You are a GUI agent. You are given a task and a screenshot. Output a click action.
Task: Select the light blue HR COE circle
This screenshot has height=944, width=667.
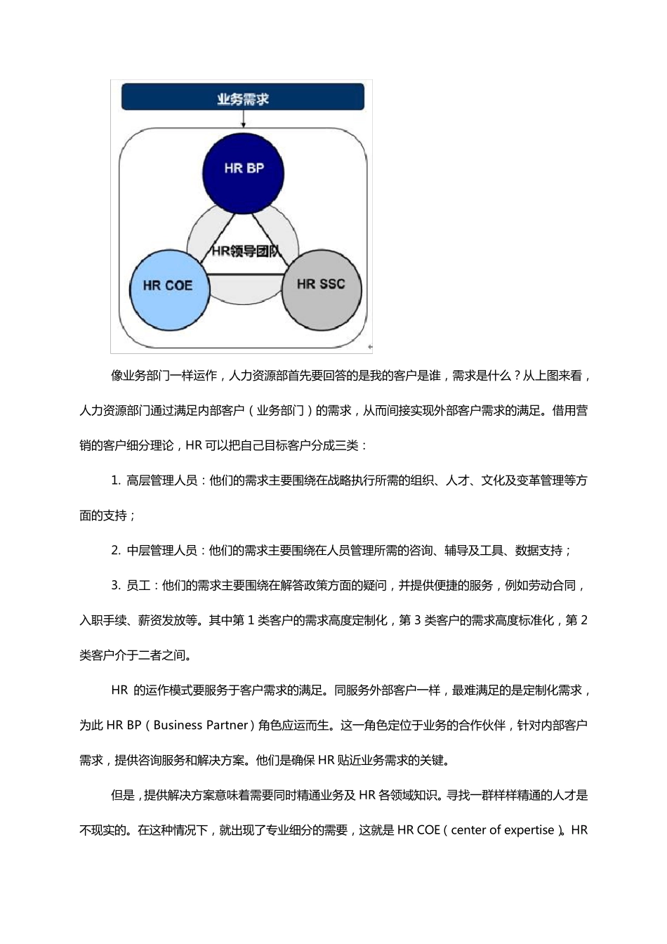(169, 287)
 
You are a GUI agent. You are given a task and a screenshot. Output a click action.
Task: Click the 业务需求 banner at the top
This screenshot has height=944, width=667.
(243, 98)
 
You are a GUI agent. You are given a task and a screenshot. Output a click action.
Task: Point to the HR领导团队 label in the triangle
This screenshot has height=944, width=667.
(244, 251)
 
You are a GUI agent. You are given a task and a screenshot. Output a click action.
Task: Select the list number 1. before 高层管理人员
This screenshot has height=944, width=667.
(115, 480)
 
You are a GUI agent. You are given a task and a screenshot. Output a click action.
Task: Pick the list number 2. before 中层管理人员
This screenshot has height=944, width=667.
(115, 551)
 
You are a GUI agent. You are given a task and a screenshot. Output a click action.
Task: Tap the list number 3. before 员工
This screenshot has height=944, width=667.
(115, 586)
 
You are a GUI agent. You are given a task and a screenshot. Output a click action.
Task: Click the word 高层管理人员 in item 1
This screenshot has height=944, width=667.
(161, 480)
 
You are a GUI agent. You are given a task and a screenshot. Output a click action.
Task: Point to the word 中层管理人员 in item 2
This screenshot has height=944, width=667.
(161, 551)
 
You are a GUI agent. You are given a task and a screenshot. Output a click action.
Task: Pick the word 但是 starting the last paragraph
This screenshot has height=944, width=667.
(123, 796)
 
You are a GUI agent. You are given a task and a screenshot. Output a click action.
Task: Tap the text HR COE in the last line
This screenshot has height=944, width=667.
(418, 830)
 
